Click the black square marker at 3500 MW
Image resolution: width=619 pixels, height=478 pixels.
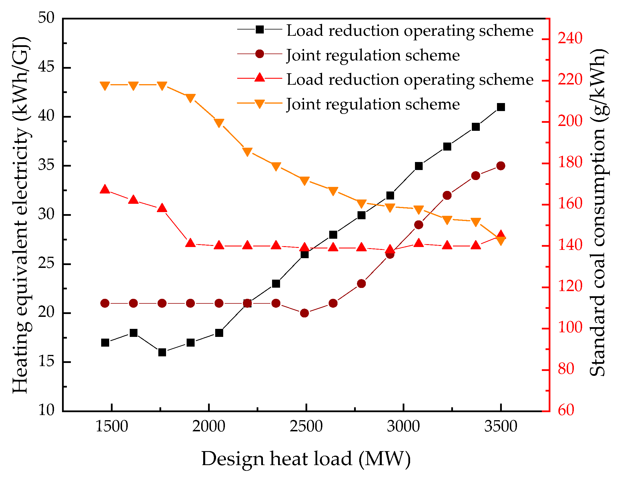point(501,107)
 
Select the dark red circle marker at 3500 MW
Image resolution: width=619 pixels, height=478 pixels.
point(501,166)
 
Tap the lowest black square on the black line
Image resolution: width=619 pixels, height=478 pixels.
point(162,352)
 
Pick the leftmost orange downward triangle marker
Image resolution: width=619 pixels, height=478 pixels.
point(105,86)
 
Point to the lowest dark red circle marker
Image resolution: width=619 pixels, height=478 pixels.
point(304,313)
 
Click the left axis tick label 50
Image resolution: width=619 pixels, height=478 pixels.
point(46,18)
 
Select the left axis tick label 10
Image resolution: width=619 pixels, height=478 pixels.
point(46,410)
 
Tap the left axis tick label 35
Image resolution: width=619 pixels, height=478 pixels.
point(46,165)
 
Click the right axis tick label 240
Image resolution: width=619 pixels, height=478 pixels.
point(570,38)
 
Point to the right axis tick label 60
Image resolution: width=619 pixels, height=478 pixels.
point(566,410)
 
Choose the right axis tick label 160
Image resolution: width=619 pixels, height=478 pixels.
point(570,204)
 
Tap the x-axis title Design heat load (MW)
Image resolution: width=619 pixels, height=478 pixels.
point(306,459)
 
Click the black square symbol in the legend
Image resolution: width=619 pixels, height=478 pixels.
point(259,29)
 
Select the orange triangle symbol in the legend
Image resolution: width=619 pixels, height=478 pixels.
point(259,104)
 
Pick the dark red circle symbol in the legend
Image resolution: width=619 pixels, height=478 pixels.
point(259,54)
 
